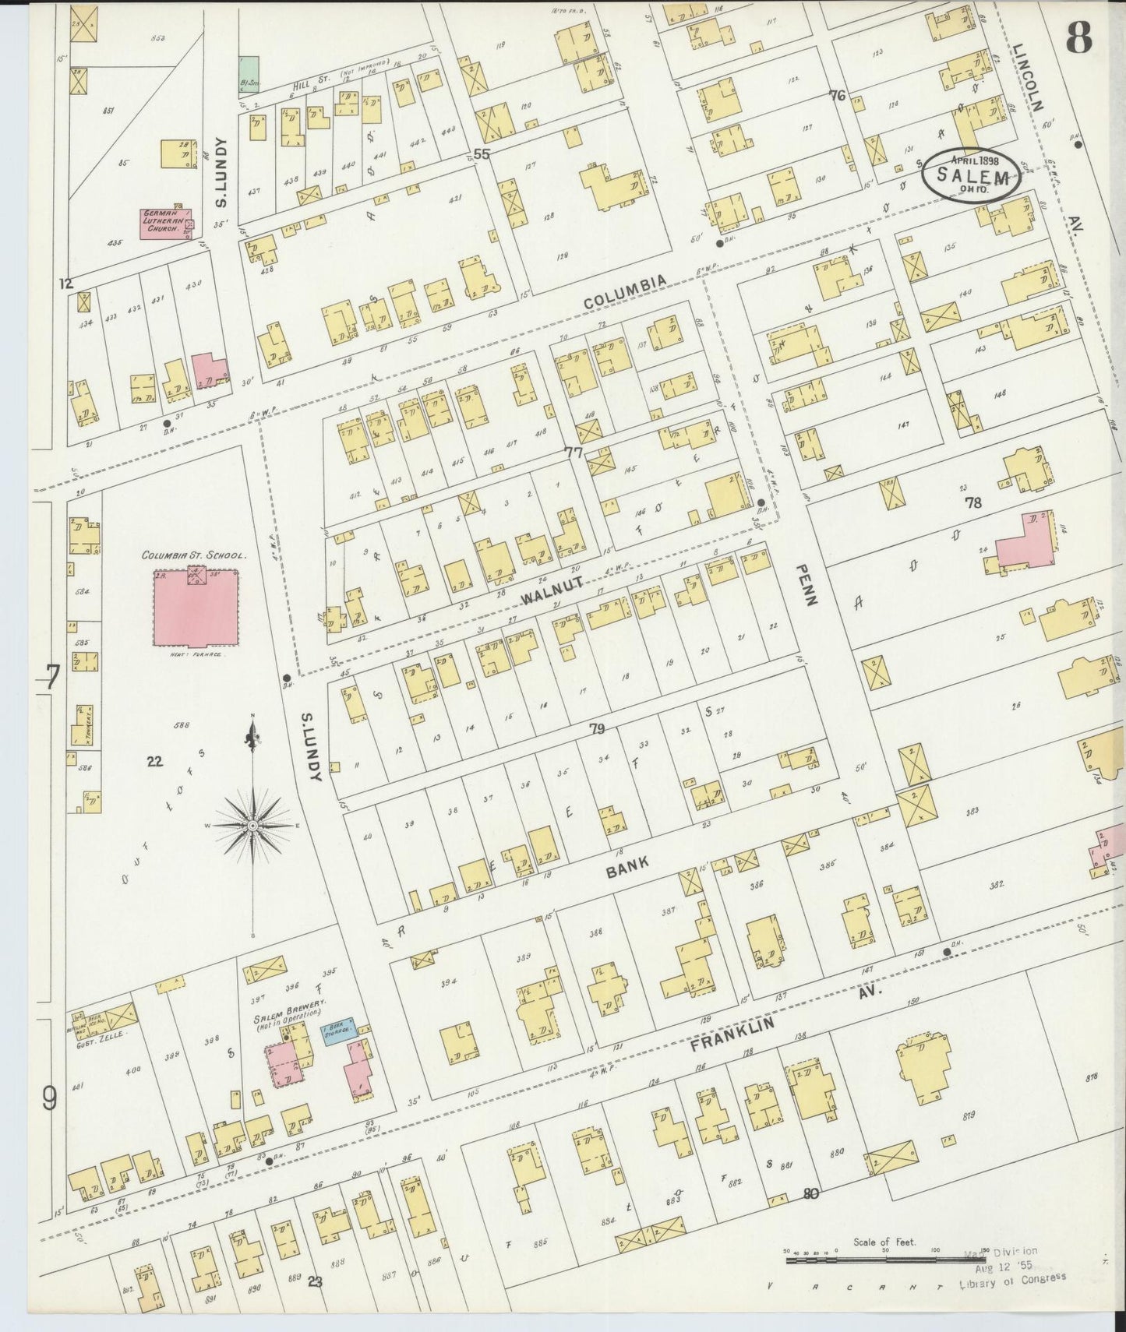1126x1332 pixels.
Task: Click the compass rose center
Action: coord(253,825)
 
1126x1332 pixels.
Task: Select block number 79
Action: coord(597,729)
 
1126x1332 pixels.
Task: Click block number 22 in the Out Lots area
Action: coord(155,761)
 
